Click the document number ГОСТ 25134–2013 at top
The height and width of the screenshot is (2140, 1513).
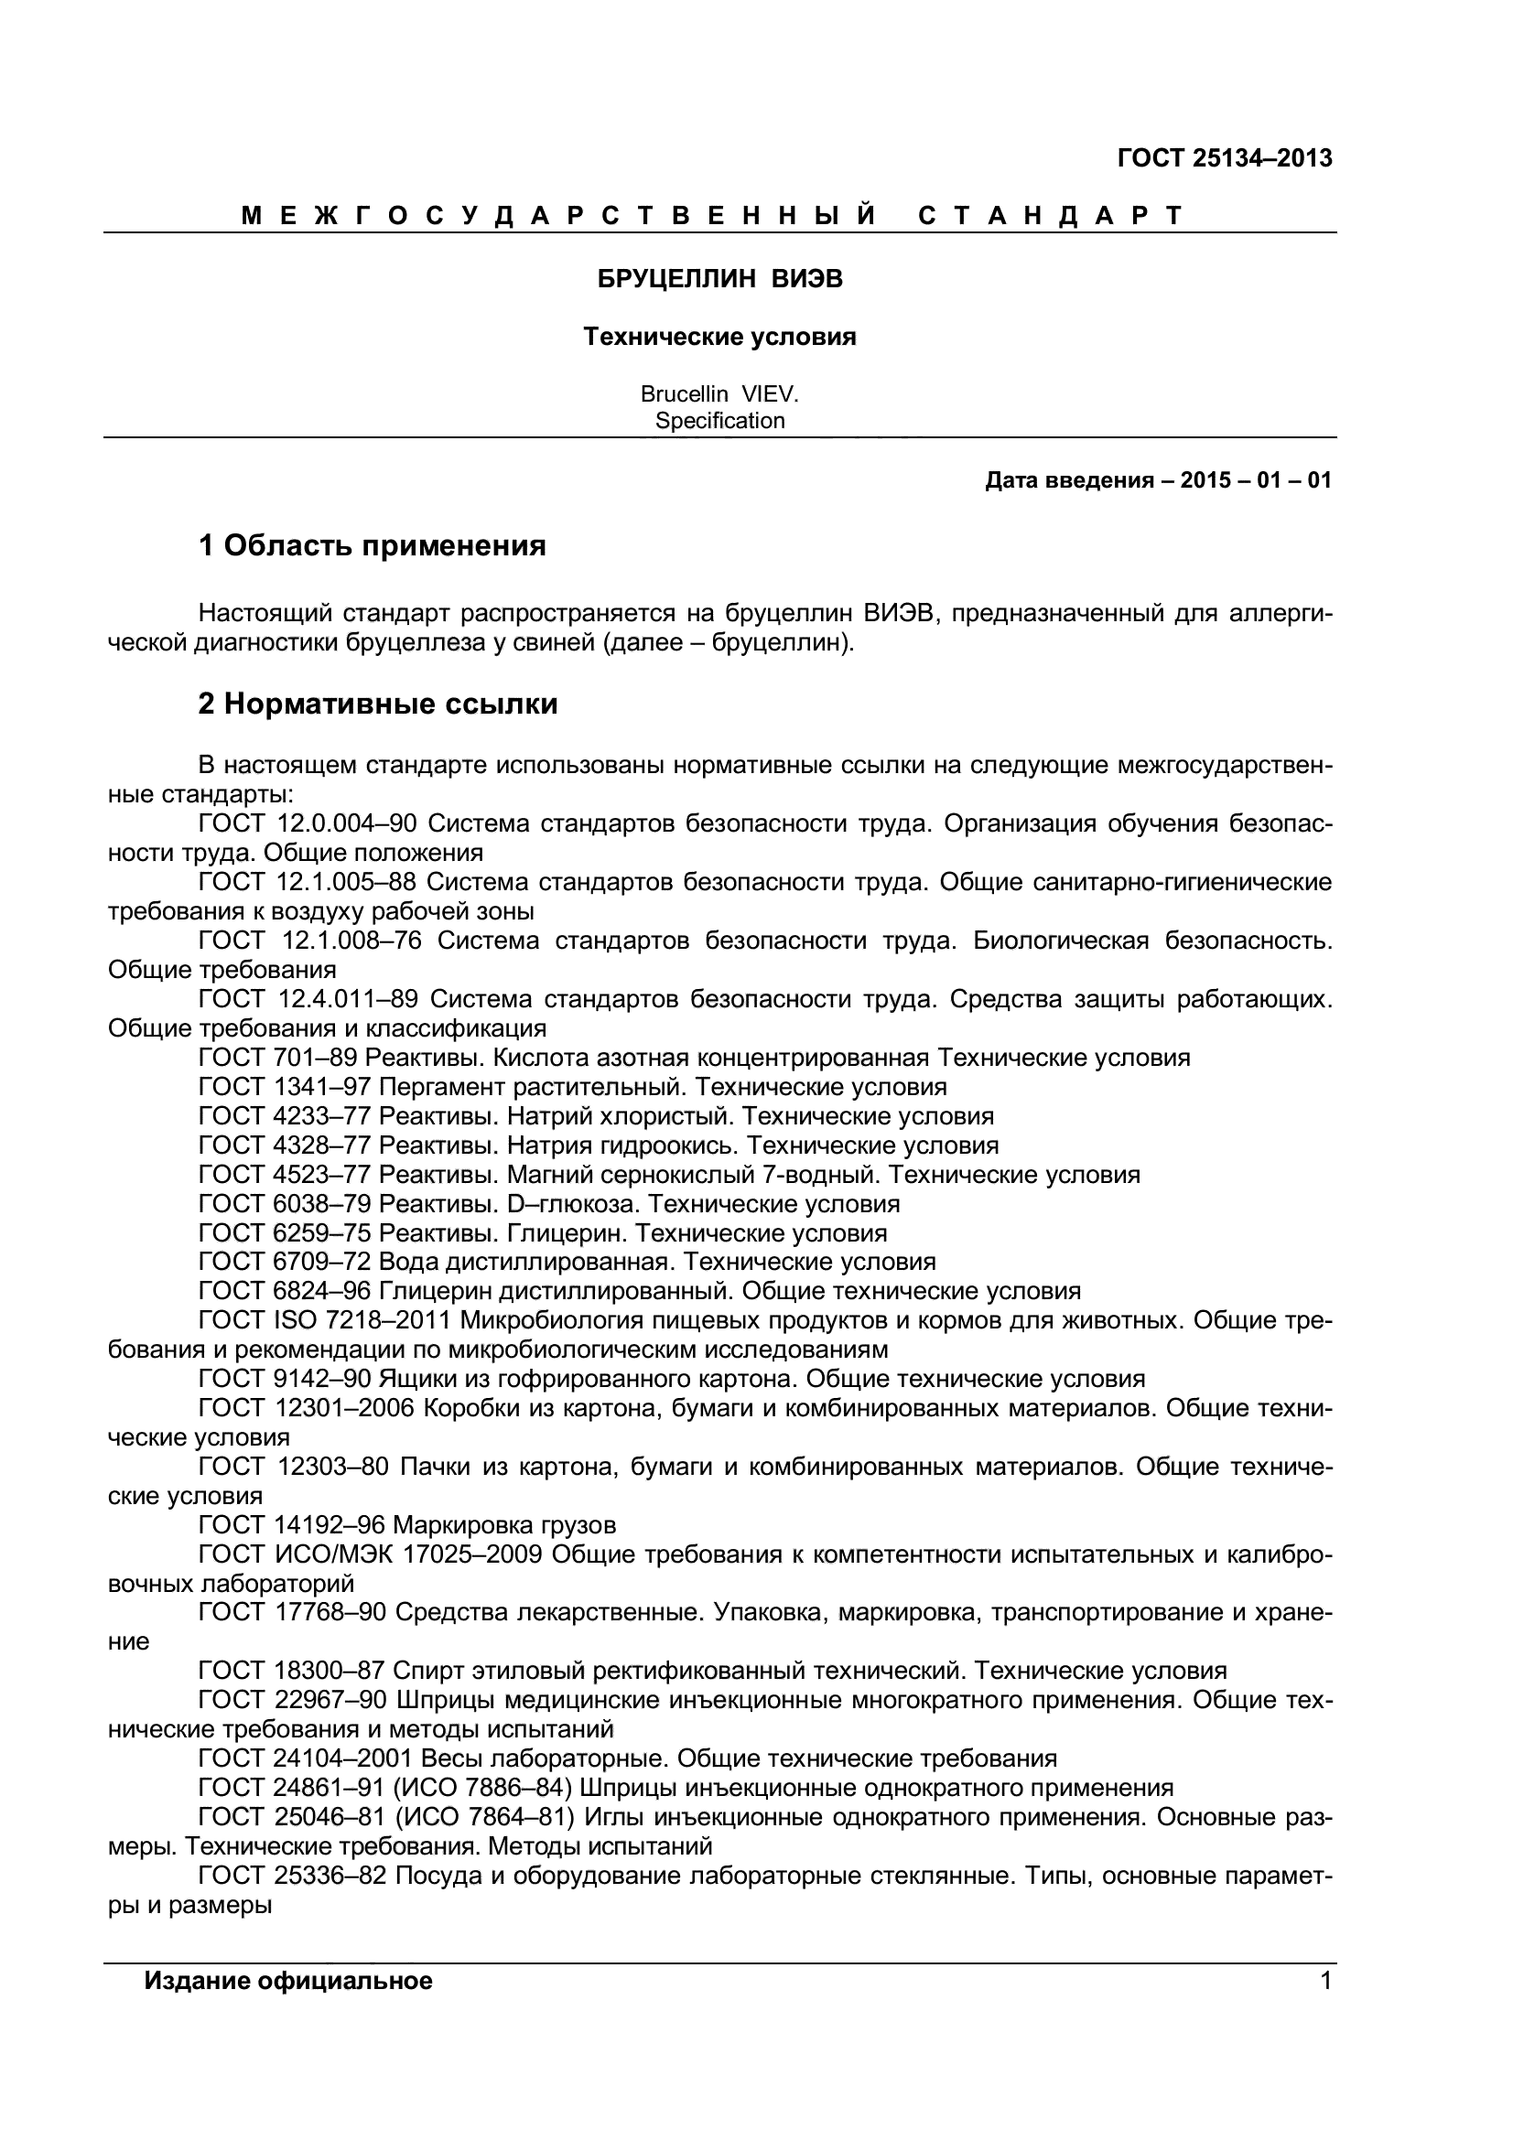1224,158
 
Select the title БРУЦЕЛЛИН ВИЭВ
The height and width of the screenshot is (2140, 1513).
719,279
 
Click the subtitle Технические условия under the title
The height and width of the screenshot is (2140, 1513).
719,337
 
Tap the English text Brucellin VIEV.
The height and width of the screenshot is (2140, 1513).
719,394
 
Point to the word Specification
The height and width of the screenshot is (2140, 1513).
719,420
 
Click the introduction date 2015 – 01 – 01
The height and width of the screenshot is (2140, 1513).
1256,481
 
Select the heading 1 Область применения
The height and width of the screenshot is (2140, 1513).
372,545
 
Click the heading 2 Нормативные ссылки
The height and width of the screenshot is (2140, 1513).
377,704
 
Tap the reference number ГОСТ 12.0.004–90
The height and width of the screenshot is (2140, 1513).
308,824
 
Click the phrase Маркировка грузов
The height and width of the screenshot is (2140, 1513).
504,1526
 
